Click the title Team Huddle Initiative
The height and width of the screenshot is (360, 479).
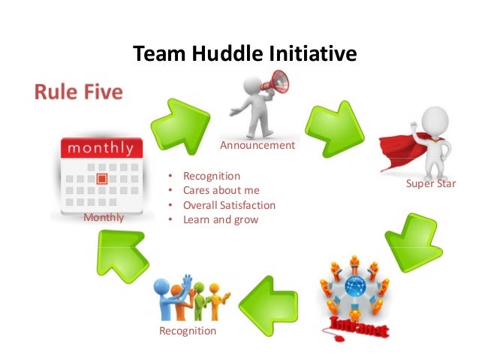(244, 54)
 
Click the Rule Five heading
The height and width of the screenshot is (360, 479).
(78, 93)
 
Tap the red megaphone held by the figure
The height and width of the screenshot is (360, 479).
(279, 80)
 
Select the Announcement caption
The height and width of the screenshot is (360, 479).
(257, 145)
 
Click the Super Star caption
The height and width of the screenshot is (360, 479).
(431, 183)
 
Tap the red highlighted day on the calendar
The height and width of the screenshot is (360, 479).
(102, 179)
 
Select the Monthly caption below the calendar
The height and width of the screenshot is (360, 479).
(104, 217)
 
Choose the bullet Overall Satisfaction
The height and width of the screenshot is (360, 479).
(229, 205)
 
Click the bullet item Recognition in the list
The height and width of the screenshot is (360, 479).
(212, 177)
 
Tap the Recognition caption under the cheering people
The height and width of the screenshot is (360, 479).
(187, 331)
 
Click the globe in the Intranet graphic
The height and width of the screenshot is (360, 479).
(355, 286)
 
